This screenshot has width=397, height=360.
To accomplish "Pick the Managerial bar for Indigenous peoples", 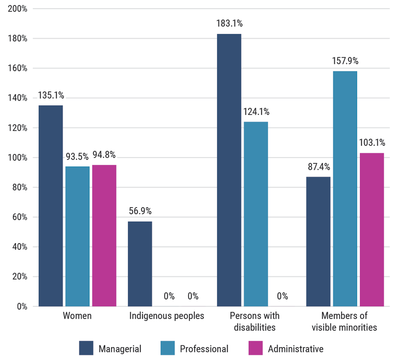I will [140, 264].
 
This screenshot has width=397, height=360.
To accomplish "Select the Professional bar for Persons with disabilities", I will [256, 214].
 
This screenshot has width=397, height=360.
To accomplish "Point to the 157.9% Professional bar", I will [345, 189].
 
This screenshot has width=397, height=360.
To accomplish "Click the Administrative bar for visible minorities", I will [372, 230].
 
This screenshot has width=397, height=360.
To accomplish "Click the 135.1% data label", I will [51, 96].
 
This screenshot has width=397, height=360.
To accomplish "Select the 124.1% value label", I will [256, 112].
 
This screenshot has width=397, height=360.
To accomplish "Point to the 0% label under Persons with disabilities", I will [282, 297].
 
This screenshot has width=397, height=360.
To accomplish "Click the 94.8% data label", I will [104, 155].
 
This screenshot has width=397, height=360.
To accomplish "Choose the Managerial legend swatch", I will [86, 348].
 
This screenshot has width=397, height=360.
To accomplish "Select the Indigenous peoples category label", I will [167, 316].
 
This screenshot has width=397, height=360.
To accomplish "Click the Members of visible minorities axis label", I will [345, 321].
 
